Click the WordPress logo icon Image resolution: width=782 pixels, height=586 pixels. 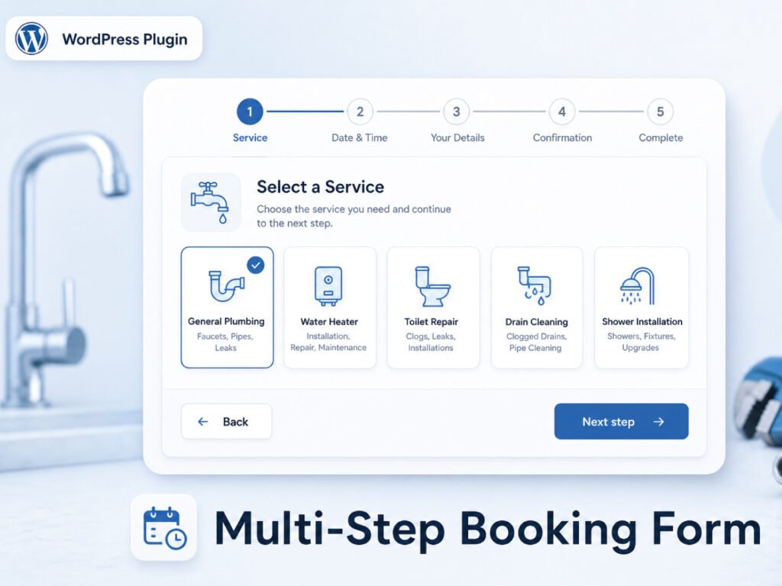pyautogui.click(x=31, y=38)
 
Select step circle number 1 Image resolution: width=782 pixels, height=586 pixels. pyautogui.click(x=250, y=111)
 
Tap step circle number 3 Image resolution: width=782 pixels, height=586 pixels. pyautogui.click(x=456, y=111)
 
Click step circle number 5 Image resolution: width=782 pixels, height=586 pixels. pyautogui.click(x=660, y=111)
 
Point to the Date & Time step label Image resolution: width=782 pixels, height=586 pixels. pyautogui.click(x=359, y=138)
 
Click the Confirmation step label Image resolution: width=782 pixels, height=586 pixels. pyautogui.click(x=562, y=138)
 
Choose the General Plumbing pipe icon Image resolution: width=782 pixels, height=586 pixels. pyautogui.click(x=226, y=285)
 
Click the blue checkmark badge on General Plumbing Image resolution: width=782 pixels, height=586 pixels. pyautogui.click(x=256, y=265)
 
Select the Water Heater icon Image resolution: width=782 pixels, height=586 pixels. pyautogui.click(x=328, y=285)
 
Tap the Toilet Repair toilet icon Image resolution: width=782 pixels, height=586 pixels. pyautogui.click(x=432, y=286)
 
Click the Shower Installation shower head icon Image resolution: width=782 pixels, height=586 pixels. pyautogui.click(x=637, y=286)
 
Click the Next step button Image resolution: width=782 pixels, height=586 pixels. pyautogui.click(x=621, y=421)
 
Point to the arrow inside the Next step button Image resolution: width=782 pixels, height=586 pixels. pyautogui.click(x=658, y=422)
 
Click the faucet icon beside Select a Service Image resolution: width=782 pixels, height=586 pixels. pyautogui.click(x=210, y=202)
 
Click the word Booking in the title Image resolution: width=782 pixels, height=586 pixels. pyautogui.click(x=548, y=530)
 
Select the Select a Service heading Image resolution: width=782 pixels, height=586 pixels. pyautogui.click(x=320, y=187)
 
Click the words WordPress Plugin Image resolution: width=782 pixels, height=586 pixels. pyautogui.click(x=124, y=40)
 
